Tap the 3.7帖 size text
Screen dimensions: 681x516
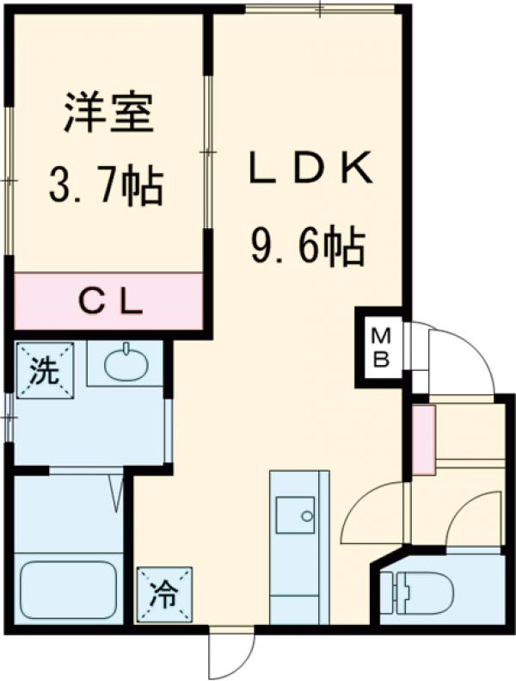pyautogui.click(x=106, y=184)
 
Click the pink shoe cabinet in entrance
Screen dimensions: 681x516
pyautogui.click(x=422, y=440)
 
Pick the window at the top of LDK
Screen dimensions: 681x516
pyautogui.click(x=319, y=9)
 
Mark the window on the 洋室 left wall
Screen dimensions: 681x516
pyautogui.click(x=8, y=181)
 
